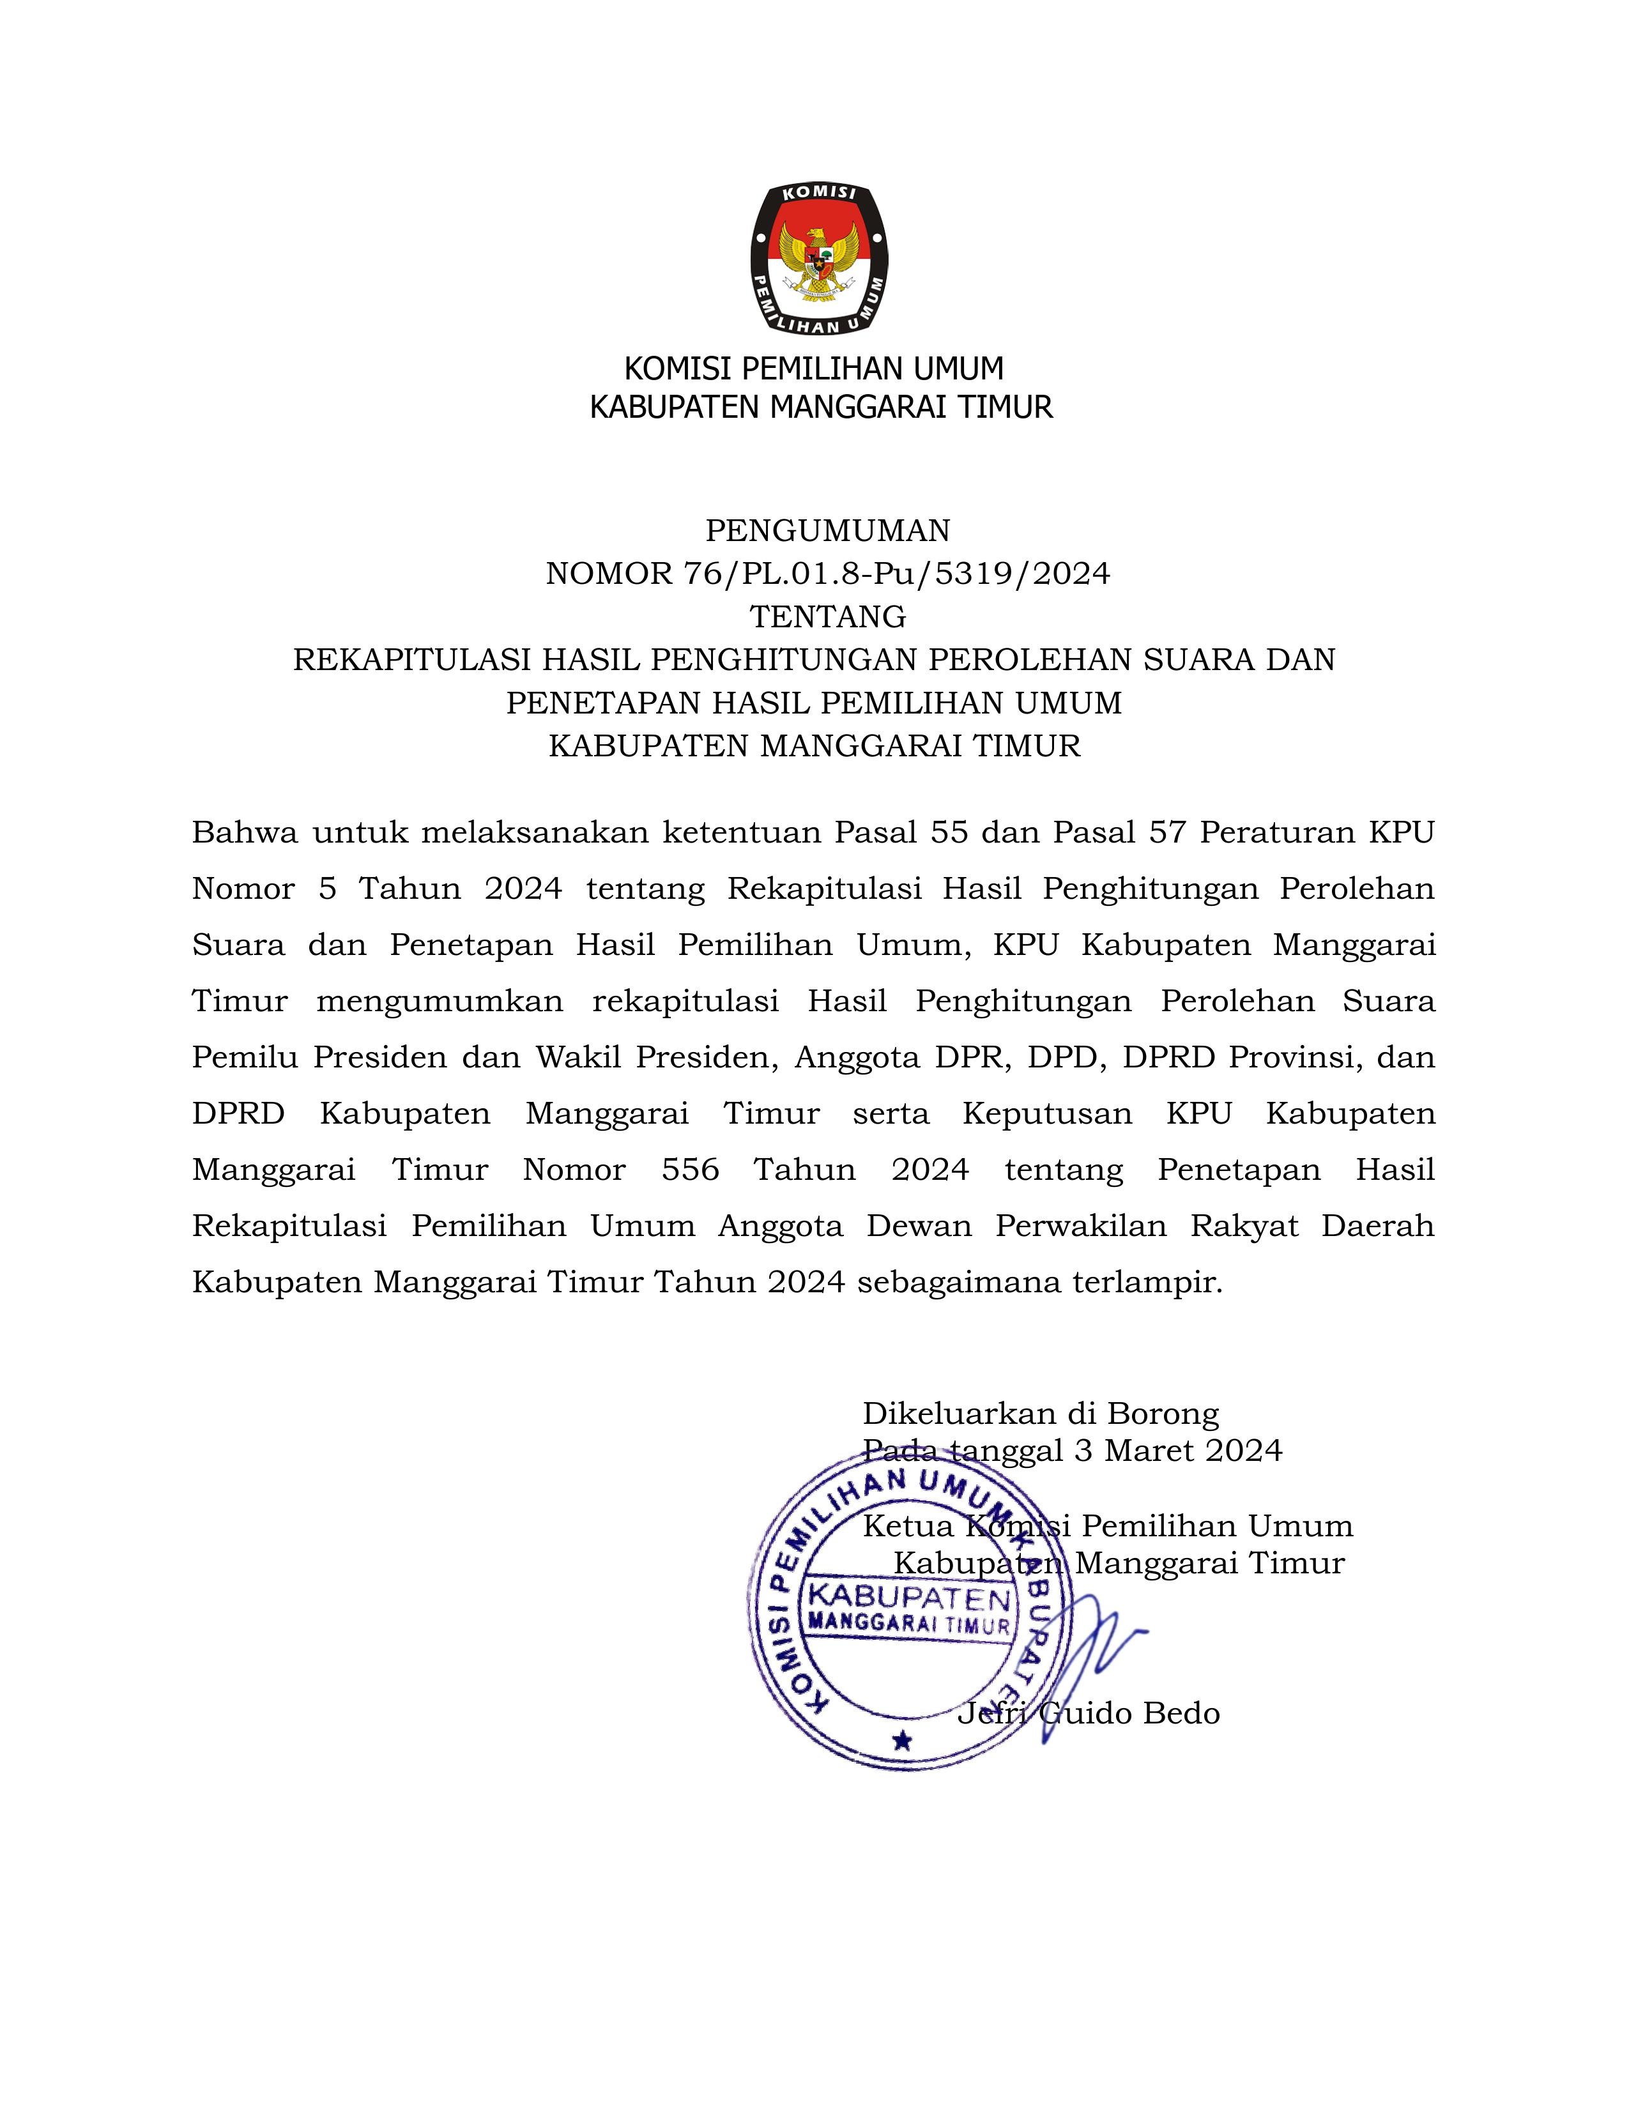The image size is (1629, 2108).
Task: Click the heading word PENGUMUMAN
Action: point(827,530)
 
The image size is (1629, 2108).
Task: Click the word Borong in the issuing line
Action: point(1162,1414)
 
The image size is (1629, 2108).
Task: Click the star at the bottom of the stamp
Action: point(902,1741)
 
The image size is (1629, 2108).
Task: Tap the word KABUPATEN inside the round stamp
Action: point(909,1598)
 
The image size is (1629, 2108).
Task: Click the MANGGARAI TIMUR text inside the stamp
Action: point(909,1624)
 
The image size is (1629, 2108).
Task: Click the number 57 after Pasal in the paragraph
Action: point(1166,832)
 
